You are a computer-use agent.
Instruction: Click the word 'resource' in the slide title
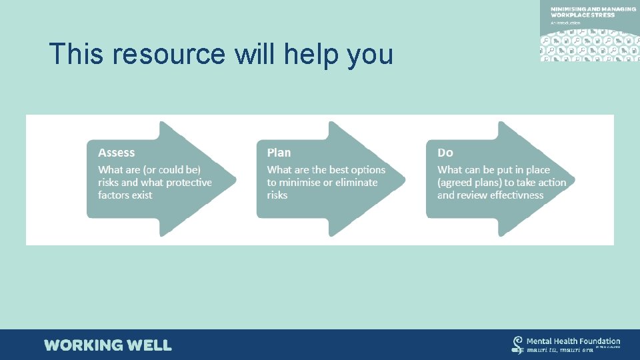click(169, 54)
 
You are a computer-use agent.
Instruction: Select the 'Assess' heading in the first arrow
click(116, 153)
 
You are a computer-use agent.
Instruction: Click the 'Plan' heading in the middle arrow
click(279, 153)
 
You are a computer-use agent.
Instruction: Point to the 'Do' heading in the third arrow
click(445, 153)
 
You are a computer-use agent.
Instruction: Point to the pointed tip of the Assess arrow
click(235, 179)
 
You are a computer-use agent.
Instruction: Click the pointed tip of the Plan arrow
click(404, 179)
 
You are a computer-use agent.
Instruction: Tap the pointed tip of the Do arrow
click(573, 179)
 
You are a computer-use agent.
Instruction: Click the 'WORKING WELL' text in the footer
click(108, 345)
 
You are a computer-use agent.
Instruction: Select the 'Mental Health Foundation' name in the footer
click(573, 341)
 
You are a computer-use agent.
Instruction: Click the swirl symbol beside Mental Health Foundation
click(517, 344)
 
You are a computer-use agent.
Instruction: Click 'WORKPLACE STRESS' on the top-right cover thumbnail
click(583, 15)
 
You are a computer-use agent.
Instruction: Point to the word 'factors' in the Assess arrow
click(115, 195)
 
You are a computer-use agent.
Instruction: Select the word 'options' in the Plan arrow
click(368, 170)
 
